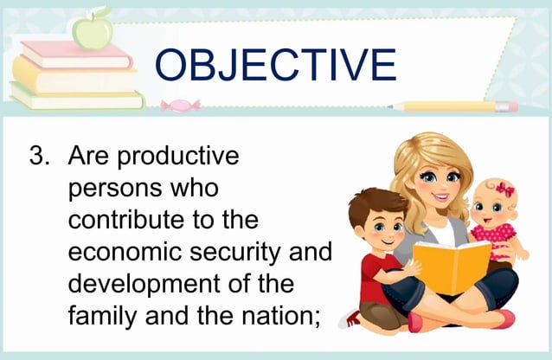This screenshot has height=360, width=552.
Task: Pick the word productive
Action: [177, 158]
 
